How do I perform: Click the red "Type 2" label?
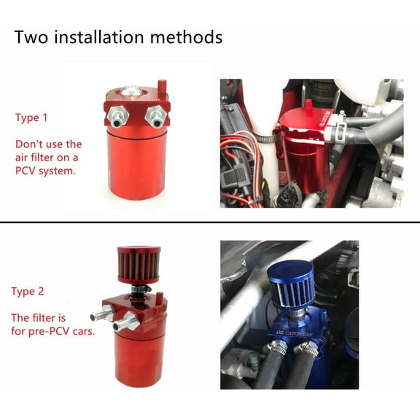click(x=28, y=292)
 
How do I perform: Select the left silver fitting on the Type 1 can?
click(x=117, y=115)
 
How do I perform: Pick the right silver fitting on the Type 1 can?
click(x=154, y=114)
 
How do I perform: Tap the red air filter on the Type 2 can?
click(x=133, y=266)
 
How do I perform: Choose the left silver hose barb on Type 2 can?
click(x=98, y=316)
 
